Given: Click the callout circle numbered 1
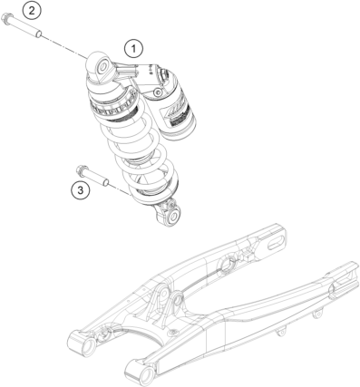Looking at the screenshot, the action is (133, 49).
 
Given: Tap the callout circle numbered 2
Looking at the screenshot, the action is (32, 11).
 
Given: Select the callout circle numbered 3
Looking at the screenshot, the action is (81, 190).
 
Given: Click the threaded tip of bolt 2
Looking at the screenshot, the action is (38, 33).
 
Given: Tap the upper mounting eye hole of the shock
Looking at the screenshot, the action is (103, 66).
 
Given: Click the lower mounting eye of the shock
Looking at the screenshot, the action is (172, 217).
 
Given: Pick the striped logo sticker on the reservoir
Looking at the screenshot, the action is (178, 111).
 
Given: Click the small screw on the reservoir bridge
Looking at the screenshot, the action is (157, 92).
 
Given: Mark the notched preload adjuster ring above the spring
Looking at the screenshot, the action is (113, 106).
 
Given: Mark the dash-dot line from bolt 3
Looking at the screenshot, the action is (121, 189).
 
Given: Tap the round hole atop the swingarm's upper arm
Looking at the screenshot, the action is (227, 264).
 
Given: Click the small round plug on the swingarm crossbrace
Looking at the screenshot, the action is (173, 333).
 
